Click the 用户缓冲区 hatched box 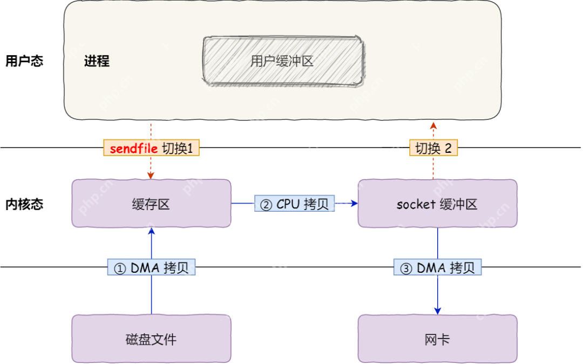tap(282, 60)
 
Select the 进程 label tap(97, 61)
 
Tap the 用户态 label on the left tap(24, 60)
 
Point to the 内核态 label tap(24, 204)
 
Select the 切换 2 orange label tap(433, 149)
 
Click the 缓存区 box tap(151, 204)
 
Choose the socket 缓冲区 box tap(437, 204)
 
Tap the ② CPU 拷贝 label tap(295, 204)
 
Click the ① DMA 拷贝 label tap(151, 268)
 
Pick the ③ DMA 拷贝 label tap(437, 268)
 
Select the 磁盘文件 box tap(151, 339)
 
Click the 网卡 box tap(437, 339)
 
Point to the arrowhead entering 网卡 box tap(437, 311)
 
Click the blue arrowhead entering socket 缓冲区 tap(354, 204)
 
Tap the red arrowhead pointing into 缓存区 tap(151, 176)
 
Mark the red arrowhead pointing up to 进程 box tap(433, 125)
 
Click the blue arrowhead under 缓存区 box tap(151, 231)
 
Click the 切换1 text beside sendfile tap(178, 149)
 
